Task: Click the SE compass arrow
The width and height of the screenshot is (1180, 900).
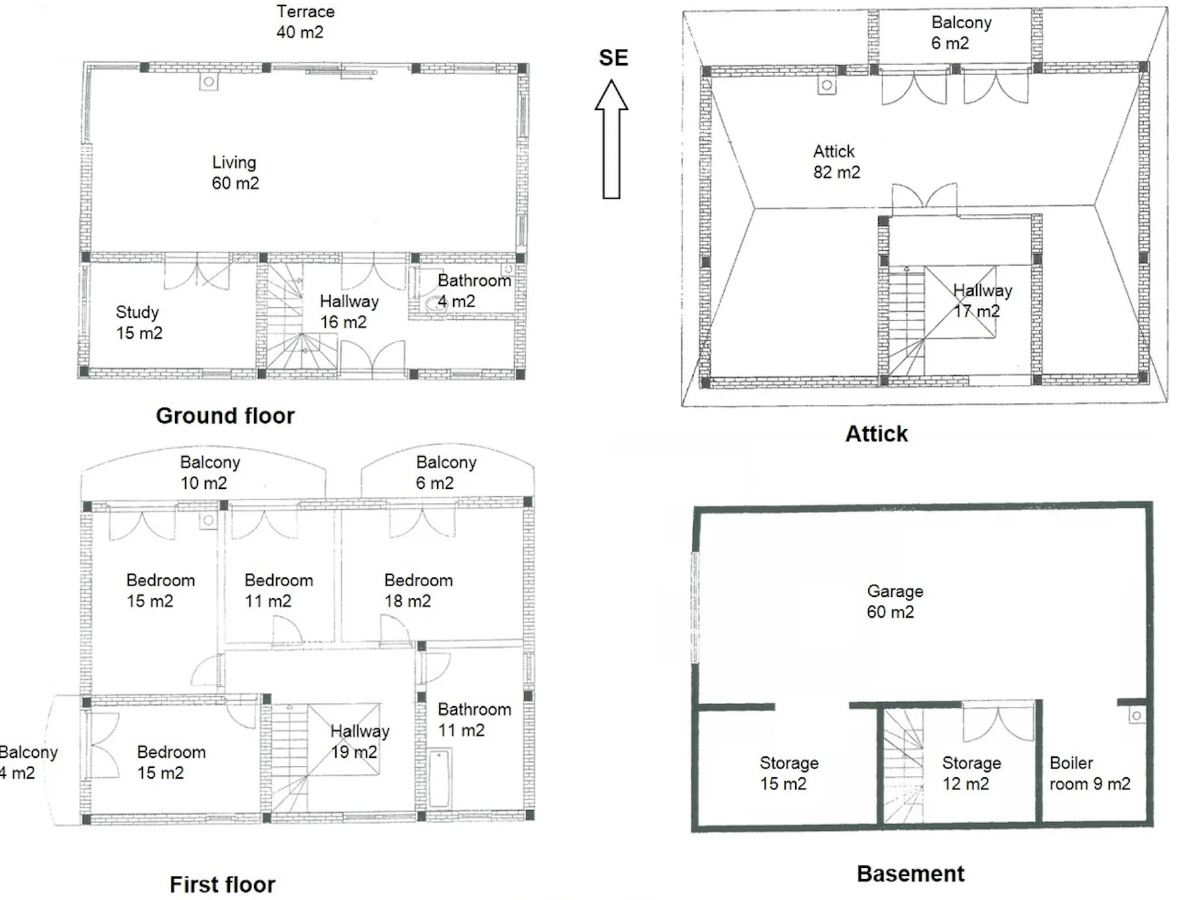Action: click(611, 139)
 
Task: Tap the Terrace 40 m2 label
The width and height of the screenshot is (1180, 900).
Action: click(305, 21)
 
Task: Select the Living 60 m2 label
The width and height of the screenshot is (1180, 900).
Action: click(235, 172)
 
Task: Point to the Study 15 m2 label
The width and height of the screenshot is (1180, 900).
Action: click(139, 323)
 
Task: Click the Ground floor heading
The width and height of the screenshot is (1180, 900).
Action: click(225, 416)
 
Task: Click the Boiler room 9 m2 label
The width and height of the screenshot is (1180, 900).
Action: click(1089, 773)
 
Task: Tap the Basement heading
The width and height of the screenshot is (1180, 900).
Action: click(910, 874)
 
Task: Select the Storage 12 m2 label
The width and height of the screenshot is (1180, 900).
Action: click(971, 773)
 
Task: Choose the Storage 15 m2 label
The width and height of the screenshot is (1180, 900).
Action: click(788, 773)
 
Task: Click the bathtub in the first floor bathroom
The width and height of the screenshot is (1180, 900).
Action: click(439, 779)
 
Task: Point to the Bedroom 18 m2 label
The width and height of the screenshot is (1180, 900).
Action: click(418, 590)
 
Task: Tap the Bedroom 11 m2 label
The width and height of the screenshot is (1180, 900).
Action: click(278, 590)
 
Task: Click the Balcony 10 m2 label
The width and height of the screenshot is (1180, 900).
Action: click(209, 472)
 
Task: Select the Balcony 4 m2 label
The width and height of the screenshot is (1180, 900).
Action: click(28, 762)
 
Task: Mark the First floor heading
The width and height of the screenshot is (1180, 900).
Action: click(223, 885)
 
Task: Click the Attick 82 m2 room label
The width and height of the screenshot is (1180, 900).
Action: click(836, 162)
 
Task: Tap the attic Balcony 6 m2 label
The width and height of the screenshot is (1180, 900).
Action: click(961, 32)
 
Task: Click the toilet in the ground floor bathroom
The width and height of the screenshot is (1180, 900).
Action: click(434, 304)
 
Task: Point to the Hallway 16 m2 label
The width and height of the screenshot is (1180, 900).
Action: click(349, 312)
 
